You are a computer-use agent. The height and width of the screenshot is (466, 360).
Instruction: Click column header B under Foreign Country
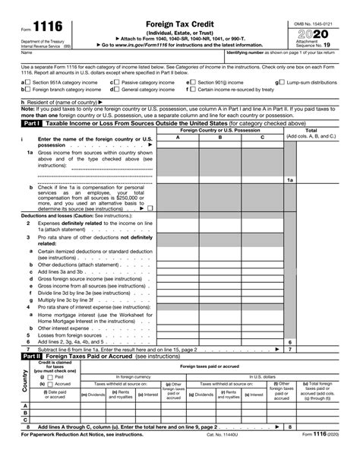click(220, 138)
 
